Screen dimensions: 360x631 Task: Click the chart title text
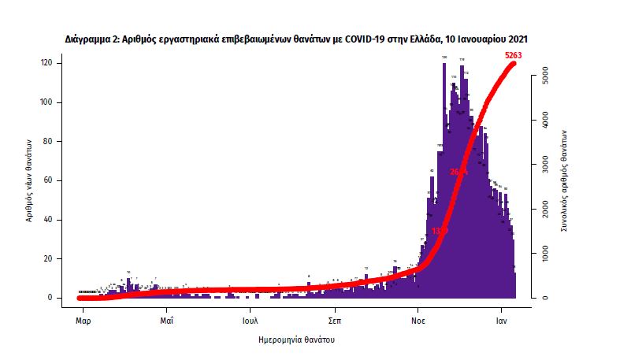pos(296,38)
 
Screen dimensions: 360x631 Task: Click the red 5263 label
pos(514,55)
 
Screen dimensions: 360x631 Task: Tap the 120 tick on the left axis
pos(49,63)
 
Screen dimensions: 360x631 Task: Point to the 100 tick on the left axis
pos(49,102)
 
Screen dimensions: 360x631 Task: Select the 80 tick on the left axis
pos(50,142)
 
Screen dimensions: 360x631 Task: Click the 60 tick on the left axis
pos(50,180)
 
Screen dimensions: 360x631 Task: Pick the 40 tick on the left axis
pos(50,220)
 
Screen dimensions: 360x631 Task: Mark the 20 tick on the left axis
pos(50,258)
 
